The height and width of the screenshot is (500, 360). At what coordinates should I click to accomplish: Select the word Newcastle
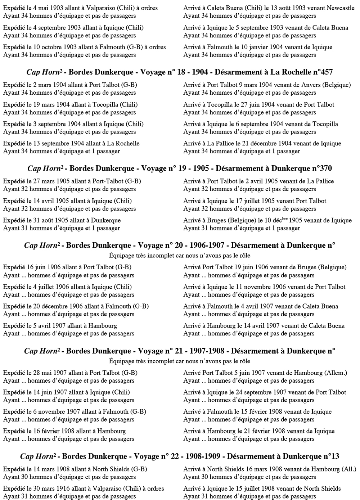(341, 8)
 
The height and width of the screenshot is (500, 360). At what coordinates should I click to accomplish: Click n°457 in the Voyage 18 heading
(321, 72)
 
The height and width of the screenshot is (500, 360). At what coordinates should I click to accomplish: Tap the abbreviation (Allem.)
(336, 373)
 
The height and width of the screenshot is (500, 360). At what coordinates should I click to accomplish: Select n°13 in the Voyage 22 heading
(330, 456)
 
